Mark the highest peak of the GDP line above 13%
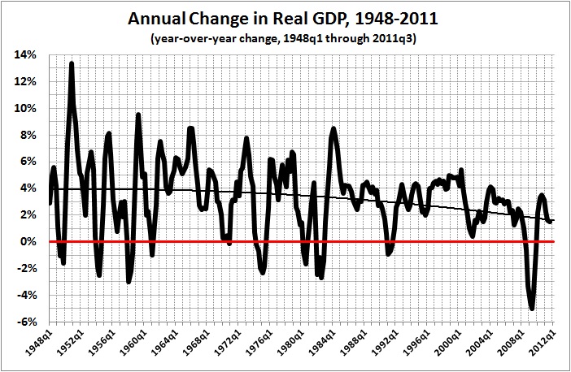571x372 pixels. (x=72, y=63)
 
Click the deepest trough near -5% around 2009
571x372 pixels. (x=532, y=308)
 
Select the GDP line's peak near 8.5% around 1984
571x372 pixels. (x=333, y=129)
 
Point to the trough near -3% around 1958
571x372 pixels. (x=129, y=280)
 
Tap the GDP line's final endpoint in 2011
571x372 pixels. (x=551, y=221)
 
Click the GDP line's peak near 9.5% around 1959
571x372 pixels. (x=138, y=115)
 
